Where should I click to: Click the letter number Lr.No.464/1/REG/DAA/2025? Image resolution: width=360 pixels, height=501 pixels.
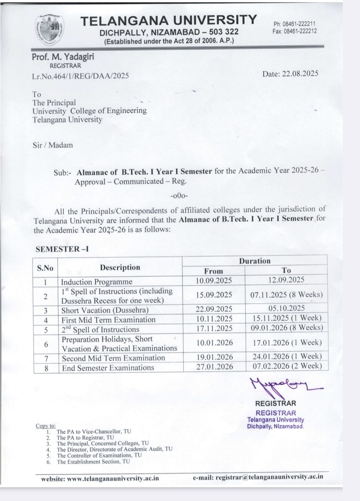coord(80,76)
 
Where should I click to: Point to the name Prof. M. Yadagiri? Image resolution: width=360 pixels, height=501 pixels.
coord(63,56)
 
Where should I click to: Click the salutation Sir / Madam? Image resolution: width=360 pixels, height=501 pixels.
coord(53,145)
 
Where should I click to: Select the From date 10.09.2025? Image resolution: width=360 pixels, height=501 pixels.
coord(214,281)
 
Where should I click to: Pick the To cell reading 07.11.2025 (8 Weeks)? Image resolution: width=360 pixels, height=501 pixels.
coord(286,294)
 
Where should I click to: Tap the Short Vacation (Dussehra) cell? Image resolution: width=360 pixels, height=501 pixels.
coord(105,310)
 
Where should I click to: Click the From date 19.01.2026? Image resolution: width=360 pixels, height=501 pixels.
coord(215,357)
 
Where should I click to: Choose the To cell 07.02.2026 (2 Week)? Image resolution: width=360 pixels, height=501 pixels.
coord(287,366)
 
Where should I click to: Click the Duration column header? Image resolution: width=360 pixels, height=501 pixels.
coord(255,261)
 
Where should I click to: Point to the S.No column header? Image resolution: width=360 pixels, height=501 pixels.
coord(45,268)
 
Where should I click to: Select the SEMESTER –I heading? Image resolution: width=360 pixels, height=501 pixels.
coord(62,249)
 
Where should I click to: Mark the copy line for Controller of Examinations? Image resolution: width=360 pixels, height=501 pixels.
coord(99,455)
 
